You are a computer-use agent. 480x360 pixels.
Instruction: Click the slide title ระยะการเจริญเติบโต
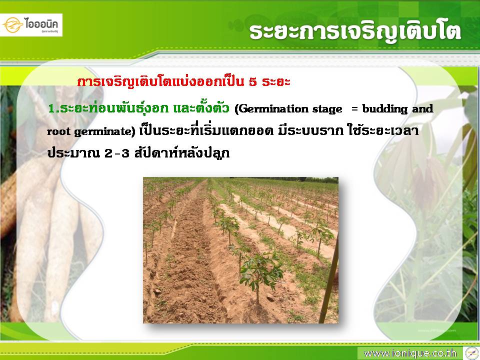point(355,32)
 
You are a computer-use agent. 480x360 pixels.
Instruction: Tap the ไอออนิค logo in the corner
point(31,25)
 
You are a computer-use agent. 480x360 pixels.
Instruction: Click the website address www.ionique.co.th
point(410,353)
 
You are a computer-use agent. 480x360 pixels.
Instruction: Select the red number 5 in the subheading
point(252,82)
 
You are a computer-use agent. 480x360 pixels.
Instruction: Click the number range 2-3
point(117,153)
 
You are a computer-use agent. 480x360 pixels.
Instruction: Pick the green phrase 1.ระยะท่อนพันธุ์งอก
point(108,108)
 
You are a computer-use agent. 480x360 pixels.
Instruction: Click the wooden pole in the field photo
point(329,278)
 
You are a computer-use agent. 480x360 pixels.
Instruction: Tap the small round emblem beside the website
point(471,353)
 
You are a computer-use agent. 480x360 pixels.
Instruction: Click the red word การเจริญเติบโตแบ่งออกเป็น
point(160,82)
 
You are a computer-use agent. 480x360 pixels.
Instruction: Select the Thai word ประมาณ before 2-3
point(74,153)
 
